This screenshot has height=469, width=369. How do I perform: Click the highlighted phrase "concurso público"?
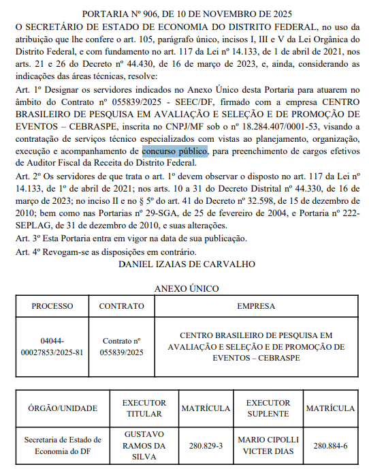click(175, 151)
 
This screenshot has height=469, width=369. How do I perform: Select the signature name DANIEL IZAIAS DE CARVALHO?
click(185, 262)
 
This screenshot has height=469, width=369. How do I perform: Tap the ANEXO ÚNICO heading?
click(184, 288)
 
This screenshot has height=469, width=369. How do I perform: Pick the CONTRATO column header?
click(122, 307)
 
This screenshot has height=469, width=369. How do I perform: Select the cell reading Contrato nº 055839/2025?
click(122, 347)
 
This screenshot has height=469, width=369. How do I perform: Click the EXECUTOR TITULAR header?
click(144, 408)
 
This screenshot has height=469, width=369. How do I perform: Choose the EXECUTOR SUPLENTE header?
click(268, 408)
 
